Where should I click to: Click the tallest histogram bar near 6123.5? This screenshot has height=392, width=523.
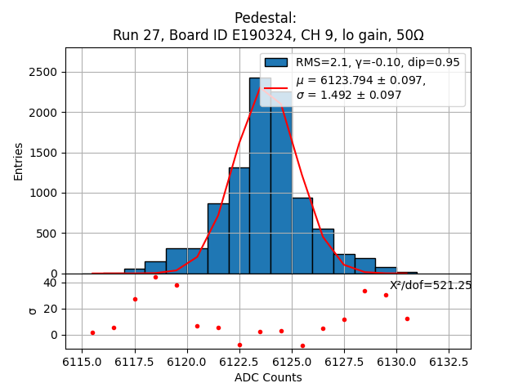click(260, 176)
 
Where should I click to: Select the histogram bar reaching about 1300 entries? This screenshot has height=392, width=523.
click(239, 220)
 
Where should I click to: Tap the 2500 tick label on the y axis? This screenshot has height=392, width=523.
click(42, 72)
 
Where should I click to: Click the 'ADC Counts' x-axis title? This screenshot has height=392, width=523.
click(268, 377)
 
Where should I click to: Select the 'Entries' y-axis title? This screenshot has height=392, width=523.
click(19, 160)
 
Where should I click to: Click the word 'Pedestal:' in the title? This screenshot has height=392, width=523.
click(266, 18)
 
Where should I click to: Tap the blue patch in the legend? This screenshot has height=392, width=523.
click(276, 63)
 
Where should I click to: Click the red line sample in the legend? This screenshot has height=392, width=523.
click(276, 87)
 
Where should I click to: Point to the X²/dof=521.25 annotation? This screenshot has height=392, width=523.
click(430, 285)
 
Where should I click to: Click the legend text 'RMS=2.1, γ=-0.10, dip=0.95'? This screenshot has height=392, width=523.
click(378, 63)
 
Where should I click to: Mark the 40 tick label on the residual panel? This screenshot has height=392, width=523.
click(50, 283)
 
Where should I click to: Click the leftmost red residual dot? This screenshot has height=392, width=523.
click(92, 332)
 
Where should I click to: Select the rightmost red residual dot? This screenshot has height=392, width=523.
click(407, 318)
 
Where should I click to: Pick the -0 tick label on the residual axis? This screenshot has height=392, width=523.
click(53, 335)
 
